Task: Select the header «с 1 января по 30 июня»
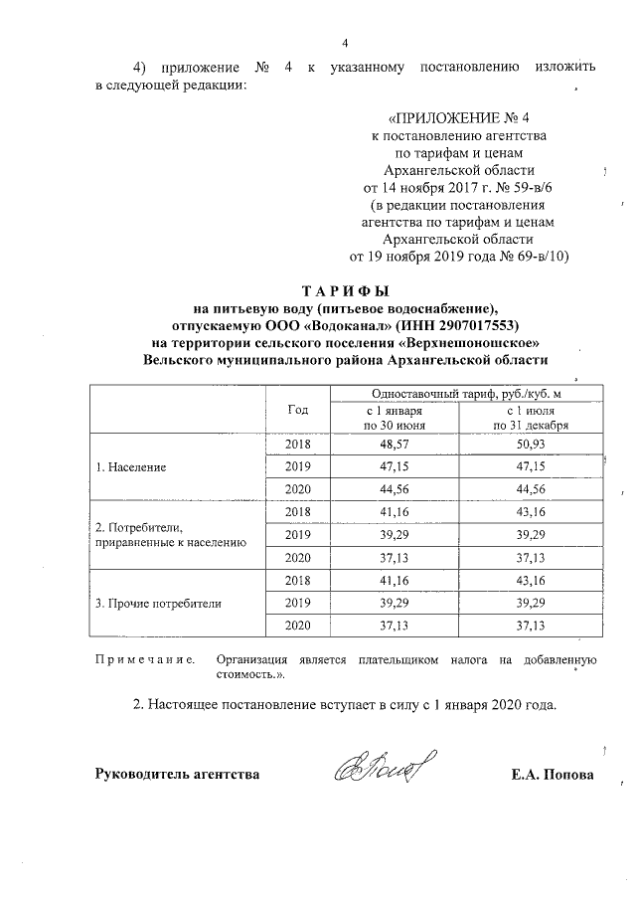click(394, 418)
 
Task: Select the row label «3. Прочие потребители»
click(157, 603)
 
